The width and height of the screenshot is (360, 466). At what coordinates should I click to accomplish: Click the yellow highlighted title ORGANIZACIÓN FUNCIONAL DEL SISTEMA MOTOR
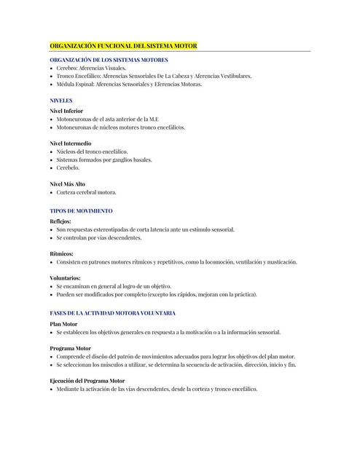tap(123, 46)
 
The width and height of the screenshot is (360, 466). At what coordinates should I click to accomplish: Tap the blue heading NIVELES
tap(61, 100)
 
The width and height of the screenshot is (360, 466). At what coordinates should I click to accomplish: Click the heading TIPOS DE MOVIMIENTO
tap(81, 210)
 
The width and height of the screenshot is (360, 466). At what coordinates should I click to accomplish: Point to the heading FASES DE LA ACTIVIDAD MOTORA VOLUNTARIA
tap(112, 312)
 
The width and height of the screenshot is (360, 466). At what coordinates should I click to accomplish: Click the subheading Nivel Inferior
tap(66, 111)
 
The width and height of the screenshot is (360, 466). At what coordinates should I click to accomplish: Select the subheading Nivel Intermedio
tap(71, 143)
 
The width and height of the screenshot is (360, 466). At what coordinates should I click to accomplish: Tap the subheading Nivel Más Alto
tap(68, 184)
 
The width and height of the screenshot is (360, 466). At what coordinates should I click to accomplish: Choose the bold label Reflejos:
tap(61, 221)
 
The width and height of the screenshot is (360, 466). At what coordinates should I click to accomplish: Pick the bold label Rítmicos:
tap(61, 254)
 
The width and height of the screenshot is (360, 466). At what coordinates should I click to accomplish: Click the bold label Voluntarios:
tap(65, 278)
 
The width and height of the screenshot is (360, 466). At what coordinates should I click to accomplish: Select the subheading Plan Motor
tap(63, 324)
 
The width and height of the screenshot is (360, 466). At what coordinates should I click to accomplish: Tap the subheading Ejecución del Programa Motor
tap(87, 381)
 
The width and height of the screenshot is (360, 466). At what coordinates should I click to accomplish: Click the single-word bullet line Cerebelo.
tap(69, 167)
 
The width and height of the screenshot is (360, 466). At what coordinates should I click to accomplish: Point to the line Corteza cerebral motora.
tap(87, 192)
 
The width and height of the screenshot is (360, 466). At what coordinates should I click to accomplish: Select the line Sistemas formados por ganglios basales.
tap(104, 159)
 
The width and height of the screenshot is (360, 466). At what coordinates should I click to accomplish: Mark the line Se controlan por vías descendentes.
tap(99, 237)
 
